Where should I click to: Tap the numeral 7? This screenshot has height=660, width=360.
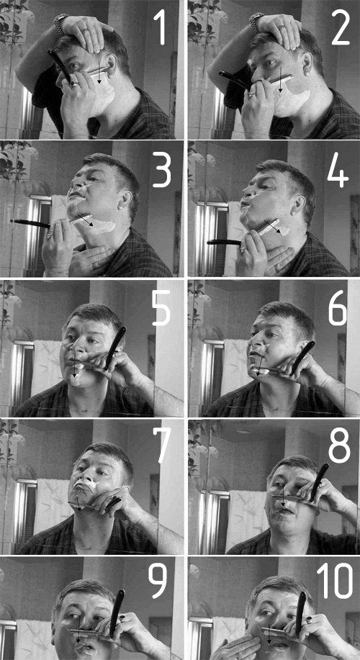click(x=161, y=446)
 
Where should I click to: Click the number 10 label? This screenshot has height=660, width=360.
click(x=335, y=581)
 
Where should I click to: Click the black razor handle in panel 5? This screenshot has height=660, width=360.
click(x=115, y=347)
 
